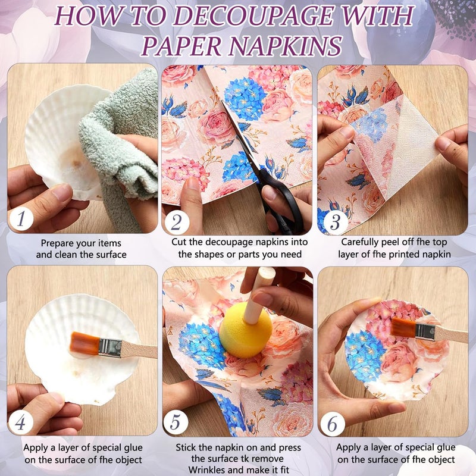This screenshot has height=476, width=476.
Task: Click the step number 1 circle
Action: [x=21, y=219]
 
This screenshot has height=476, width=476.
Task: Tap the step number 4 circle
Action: [x=20, y=422]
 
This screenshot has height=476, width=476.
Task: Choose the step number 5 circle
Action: [x=176, y=422]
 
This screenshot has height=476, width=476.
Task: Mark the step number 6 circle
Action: [x=333, y=424]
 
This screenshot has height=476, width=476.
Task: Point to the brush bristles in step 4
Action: [x=84, y=345]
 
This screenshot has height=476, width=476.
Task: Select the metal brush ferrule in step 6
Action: [x=425, y=332]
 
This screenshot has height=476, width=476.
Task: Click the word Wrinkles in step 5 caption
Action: [x=206, y=469]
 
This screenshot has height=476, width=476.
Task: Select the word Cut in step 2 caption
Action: [x=178, y=242]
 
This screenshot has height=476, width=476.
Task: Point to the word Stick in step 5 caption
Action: [x=186, y=447]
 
